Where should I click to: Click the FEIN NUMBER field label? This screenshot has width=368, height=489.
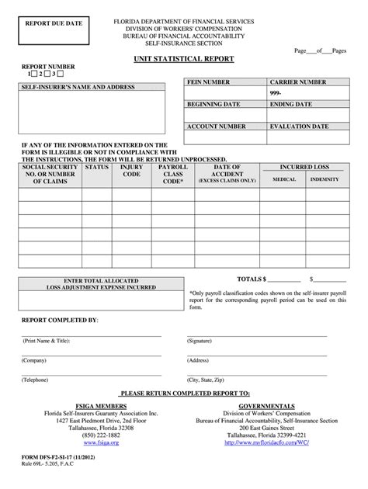[208, 81]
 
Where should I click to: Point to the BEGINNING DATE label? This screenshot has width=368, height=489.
[214, 103]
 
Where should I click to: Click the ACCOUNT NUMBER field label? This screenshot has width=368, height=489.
[214, 124]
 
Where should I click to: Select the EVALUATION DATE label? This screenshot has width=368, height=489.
[301, 124]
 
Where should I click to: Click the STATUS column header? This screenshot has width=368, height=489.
[97, 166]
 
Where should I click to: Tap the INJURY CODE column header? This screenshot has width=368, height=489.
[131, 171]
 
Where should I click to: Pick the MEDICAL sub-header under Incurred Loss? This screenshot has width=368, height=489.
[283, 179]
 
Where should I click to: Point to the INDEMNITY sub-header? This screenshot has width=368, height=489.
[324, 179]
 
